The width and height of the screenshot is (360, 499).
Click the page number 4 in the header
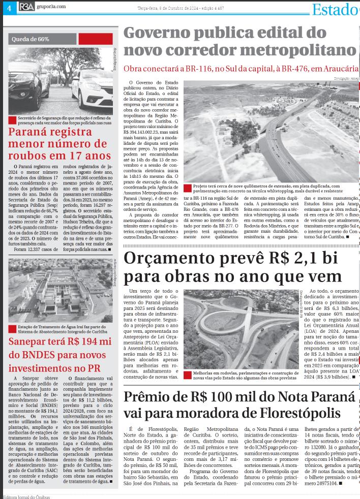9,8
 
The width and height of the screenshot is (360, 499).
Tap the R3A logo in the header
27,7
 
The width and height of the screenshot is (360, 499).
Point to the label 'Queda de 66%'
31,39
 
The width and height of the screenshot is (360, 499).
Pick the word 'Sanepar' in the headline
31,341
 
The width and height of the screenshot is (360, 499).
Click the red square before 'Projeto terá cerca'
188,186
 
